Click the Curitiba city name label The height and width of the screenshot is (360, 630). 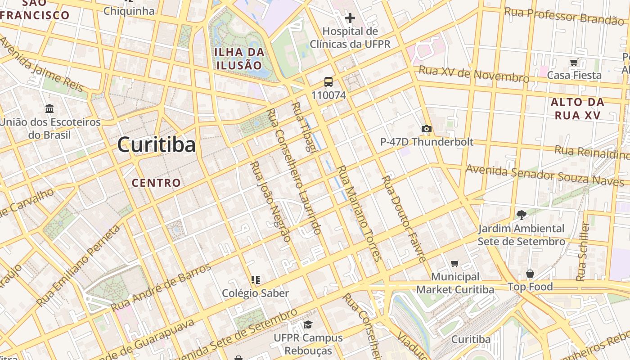tap(156, 145)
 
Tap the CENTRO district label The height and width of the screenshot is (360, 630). tap(156, 183)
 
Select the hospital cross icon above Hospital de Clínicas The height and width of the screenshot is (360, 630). tap(350, 18)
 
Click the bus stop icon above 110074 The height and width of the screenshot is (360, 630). tap(328, 82)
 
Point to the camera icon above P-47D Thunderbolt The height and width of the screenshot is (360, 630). tap(426, 129)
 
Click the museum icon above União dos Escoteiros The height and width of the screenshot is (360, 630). tap(49, 109)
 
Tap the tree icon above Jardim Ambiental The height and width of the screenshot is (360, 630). tap(522, 215)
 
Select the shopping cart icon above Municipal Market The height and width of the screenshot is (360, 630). tap(455, 263)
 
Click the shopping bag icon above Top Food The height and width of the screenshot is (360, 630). tap(530, 274)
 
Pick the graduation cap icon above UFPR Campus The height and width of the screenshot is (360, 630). tap(308, 324)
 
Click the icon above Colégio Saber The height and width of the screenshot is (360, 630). tap(256, 280)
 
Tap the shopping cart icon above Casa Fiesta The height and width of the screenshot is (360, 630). tap(574, 62)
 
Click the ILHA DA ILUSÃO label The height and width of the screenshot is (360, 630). tap(239, 58)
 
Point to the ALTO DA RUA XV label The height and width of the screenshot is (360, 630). tap(577, 108)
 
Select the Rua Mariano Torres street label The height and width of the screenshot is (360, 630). tap(359, 213)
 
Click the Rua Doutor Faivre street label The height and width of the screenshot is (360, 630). tap(404, 219)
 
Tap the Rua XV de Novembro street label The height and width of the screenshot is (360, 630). tap(474, 74)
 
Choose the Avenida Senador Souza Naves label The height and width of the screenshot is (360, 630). tap(544, 175)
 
